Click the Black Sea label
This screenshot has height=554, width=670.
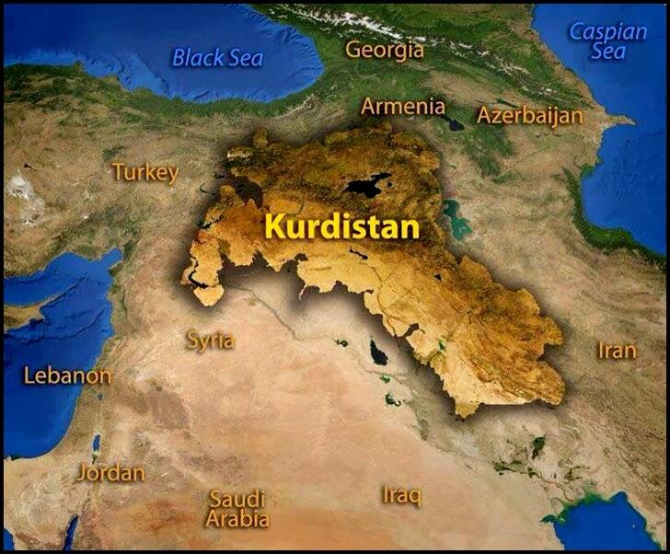click(218, 58)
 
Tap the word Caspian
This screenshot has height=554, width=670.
click(608, 31)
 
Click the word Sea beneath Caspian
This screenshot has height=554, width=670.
click(608, 52)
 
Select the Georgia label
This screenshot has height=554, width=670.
click(385, 50)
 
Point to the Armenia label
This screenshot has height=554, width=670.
click(402, 106)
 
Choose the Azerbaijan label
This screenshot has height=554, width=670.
click(530, 115)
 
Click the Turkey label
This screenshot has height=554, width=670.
click(144, 172)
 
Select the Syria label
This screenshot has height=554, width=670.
click(210, 340)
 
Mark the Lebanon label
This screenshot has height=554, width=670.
click(67, 375)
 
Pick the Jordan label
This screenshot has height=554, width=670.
click(110, 473)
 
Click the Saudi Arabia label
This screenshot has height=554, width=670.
click(237, 508)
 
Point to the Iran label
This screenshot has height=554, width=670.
click(617, 351)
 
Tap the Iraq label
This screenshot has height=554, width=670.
click(401, 494)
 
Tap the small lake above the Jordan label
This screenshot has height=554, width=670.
click(96, 443)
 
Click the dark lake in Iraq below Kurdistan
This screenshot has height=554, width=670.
click(377, 352)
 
